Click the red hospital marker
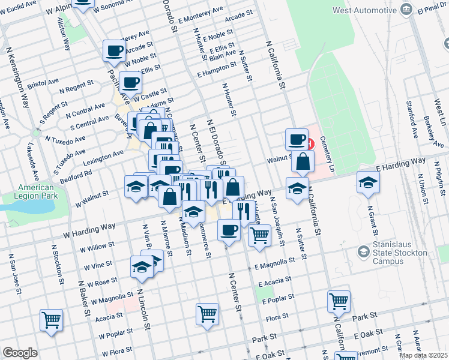[x=309, y=144]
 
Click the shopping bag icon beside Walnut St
[x=303, y=161]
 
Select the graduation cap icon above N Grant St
[x=367, y=182]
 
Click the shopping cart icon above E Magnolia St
[x=259, y=235]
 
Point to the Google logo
[x=20, y=352]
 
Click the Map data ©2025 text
[x=424, y=355]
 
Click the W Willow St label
[x=90, y=247]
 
